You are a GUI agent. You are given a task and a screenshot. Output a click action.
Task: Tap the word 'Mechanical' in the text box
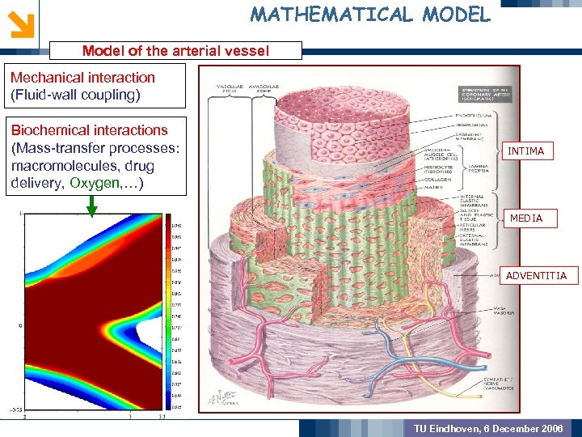pos(46,78)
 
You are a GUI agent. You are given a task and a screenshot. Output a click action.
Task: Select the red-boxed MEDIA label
pos(525,218)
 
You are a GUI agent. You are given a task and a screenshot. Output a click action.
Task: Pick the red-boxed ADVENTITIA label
pos(536,276)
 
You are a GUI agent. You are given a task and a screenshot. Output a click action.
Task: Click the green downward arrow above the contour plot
pos(92,206)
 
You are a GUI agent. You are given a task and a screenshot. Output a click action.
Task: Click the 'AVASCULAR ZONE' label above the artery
pos(264,88)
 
